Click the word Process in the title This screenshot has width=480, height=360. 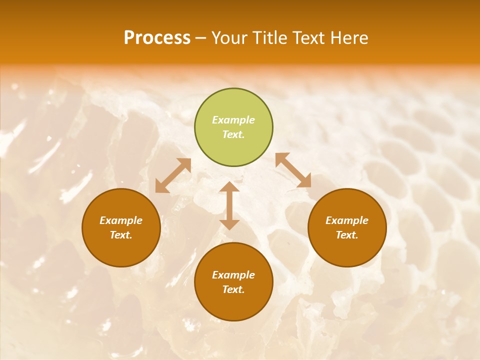[157, 38]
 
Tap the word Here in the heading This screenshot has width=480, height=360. [348, 38]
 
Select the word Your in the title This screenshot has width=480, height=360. [230, 38]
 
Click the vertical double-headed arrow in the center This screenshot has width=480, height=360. [229, 205]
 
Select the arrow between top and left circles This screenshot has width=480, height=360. [173, 175]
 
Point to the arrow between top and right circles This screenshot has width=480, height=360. [293, 170]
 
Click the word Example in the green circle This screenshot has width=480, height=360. [233, 120]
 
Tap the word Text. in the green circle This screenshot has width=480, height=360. [233, 134]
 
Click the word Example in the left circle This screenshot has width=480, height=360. [121, 220]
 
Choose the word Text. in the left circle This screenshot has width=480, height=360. [121, 235]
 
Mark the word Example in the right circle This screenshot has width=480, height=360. [347, 220]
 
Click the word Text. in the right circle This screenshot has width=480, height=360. [347, 235]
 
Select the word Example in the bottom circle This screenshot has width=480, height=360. [233, 275]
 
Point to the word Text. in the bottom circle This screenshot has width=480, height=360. [233, 289]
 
